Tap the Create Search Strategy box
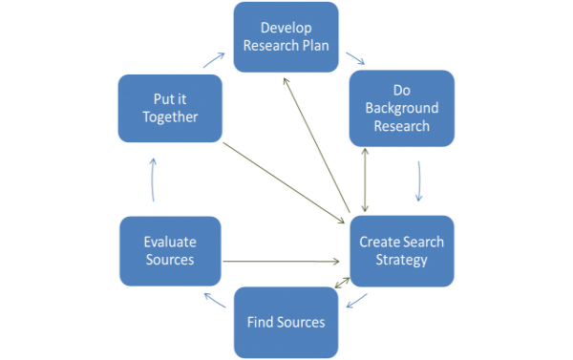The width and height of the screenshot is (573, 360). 401,251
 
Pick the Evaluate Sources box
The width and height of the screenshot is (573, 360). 169,251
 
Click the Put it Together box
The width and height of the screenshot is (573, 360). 169,107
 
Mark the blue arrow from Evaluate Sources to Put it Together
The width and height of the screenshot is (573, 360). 153,180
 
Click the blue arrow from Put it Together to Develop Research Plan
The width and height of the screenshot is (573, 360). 215,59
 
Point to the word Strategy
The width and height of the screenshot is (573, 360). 401,260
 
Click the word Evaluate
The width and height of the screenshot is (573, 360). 169,243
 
